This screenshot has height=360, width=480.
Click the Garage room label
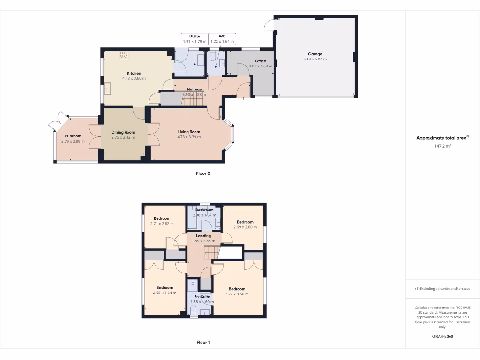tap(315, 53)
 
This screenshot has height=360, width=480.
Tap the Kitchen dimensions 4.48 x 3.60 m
tap(134, 78)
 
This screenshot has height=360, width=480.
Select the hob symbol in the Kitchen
tap(124, 55)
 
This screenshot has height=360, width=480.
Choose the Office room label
tap(260, 61)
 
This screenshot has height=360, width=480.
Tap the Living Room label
tap(189, 132)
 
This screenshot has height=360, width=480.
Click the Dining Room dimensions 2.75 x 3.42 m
tap(123, 138)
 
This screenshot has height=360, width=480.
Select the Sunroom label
tap(73, 136)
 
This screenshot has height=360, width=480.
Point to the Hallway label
tap(195, 89)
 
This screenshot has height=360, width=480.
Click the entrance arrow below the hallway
tap(244, 98)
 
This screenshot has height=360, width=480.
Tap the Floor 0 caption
tap(203, 173)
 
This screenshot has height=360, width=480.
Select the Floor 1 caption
tap(203, 343)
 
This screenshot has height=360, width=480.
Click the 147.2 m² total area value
tap(442, 146)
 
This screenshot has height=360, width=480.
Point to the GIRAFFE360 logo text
tap(442, 336)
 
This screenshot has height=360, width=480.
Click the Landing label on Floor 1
tap(203, 236)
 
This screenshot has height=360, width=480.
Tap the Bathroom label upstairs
tap(203, 210)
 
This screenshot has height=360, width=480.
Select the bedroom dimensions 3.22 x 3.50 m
tap(237, 294)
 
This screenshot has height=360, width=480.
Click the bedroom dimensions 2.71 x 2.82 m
tap(162, 224)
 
